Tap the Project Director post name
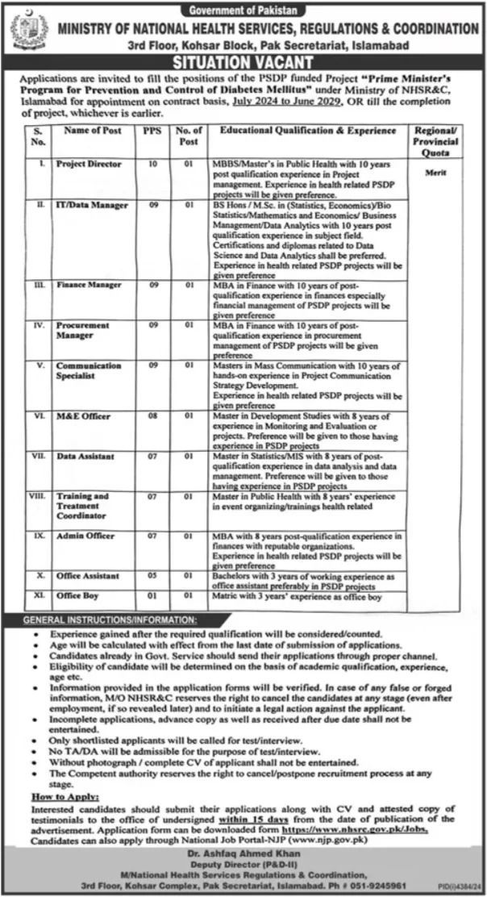(89, 164)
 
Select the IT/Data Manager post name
(92, 206)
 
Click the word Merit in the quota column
(435, 173)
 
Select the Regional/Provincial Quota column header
(435, 141)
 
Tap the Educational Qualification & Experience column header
(308, 130)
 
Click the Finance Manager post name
(89, 286)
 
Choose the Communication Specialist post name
(89, 370)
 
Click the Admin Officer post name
(85, 536)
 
